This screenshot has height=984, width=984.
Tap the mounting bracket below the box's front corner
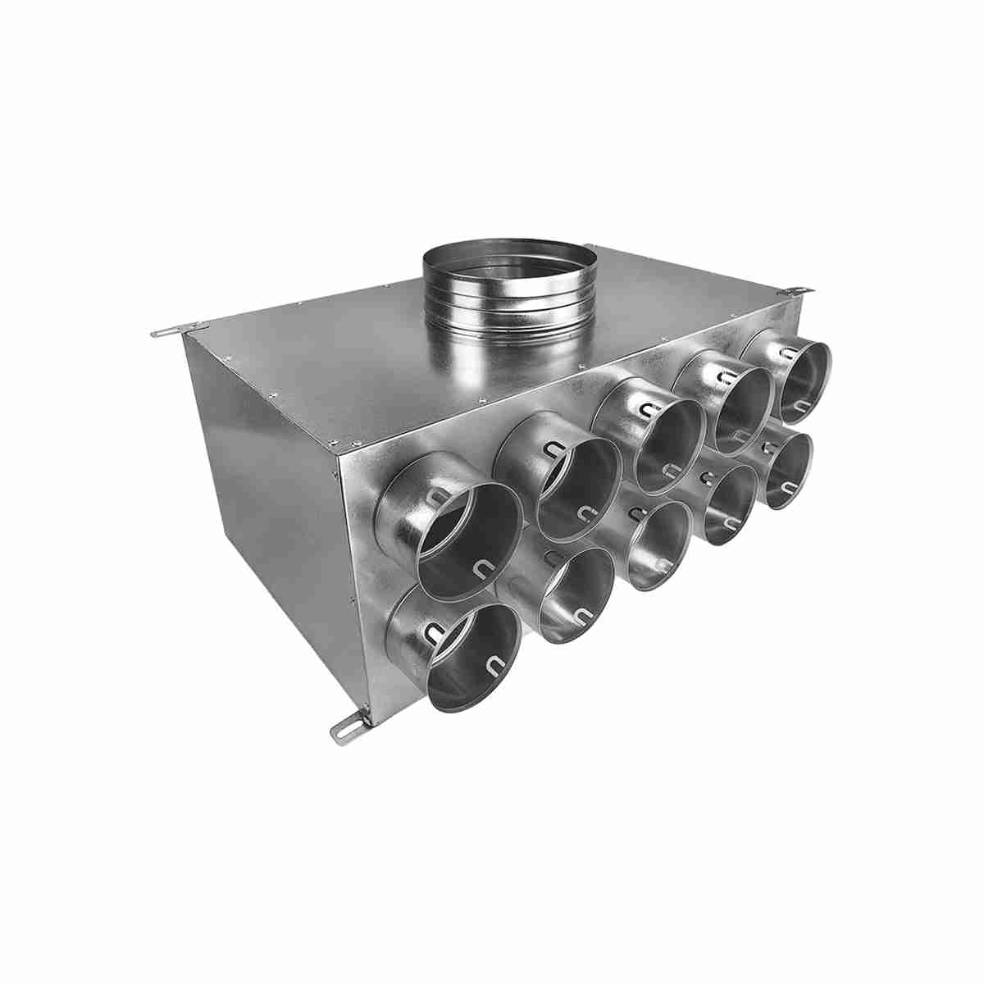pyautogui.click(x=348, y=726)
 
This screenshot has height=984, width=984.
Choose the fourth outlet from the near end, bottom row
pyautogui.click(x=729, y=503)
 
